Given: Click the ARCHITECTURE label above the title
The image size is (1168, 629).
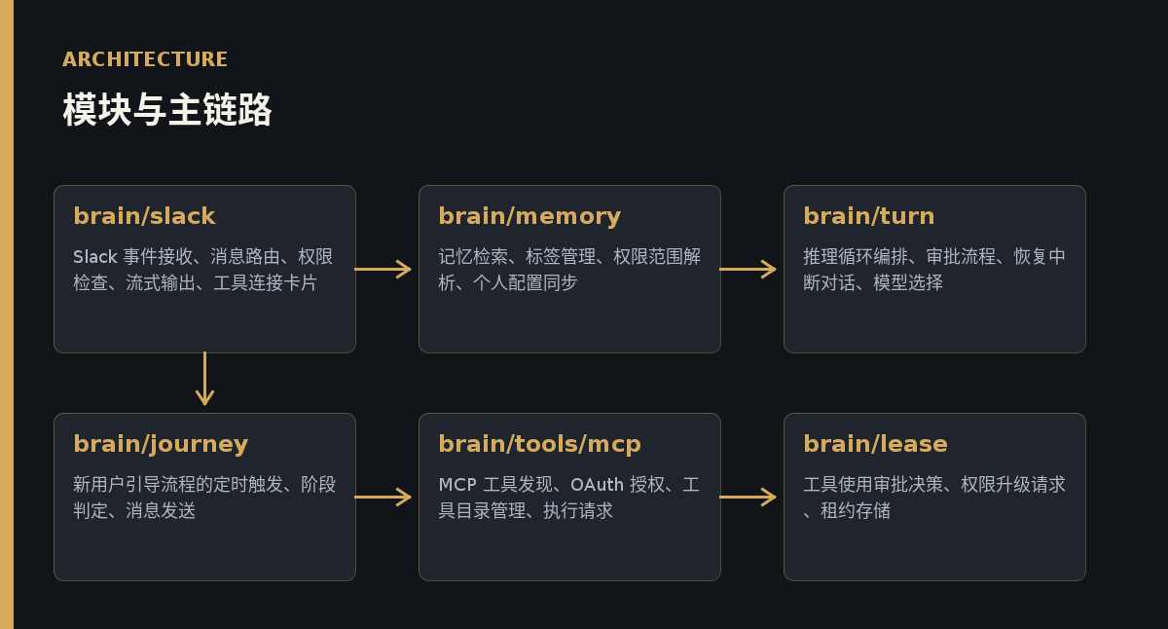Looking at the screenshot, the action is coord(145,59).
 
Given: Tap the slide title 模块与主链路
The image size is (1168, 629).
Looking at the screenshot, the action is coord(166,109).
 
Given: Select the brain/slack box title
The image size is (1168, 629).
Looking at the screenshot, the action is coord(144,216).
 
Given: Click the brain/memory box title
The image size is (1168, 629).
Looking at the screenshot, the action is coord(529,217).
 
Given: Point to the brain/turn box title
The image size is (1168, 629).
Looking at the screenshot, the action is coord(868,216).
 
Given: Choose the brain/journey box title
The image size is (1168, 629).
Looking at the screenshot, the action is coord(161,445).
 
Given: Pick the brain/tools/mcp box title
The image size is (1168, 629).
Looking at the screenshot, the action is coord(539,445).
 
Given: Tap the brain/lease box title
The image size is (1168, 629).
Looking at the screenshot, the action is coord(875,444).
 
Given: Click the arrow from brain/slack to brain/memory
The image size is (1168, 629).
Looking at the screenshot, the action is coord(383,269).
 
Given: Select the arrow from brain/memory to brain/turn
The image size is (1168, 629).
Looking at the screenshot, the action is coord(748,269).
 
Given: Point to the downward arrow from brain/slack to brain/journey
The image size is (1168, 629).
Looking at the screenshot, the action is coord(205,379).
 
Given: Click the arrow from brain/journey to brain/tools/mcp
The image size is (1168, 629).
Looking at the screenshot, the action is coord(383,497).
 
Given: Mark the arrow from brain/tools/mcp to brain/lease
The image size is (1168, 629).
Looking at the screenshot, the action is coord(748,497).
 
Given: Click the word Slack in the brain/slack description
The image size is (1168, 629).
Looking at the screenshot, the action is coord(95,257).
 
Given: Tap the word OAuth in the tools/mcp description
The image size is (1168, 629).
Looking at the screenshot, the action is coord(597,485).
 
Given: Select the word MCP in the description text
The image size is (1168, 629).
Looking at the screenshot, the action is coord(457,485).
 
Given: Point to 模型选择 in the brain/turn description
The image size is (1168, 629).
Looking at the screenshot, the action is coord(908,282).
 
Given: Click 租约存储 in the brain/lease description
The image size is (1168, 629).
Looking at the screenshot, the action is coord(856,510).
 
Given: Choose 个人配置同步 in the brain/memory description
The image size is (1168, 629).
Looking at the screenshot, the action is coord(525,282).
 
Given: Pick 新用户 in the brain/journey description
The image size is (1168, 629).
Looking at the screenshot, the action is coord(99,485).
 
